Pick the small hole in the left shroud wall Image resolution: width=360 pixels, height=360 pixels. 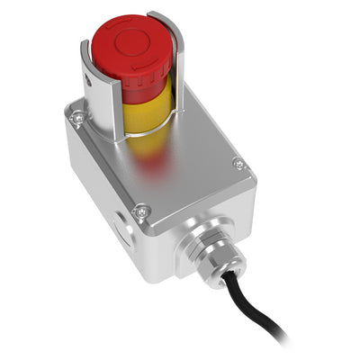91,82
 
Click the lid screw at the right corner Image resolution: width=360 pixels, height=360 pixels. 238,164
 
